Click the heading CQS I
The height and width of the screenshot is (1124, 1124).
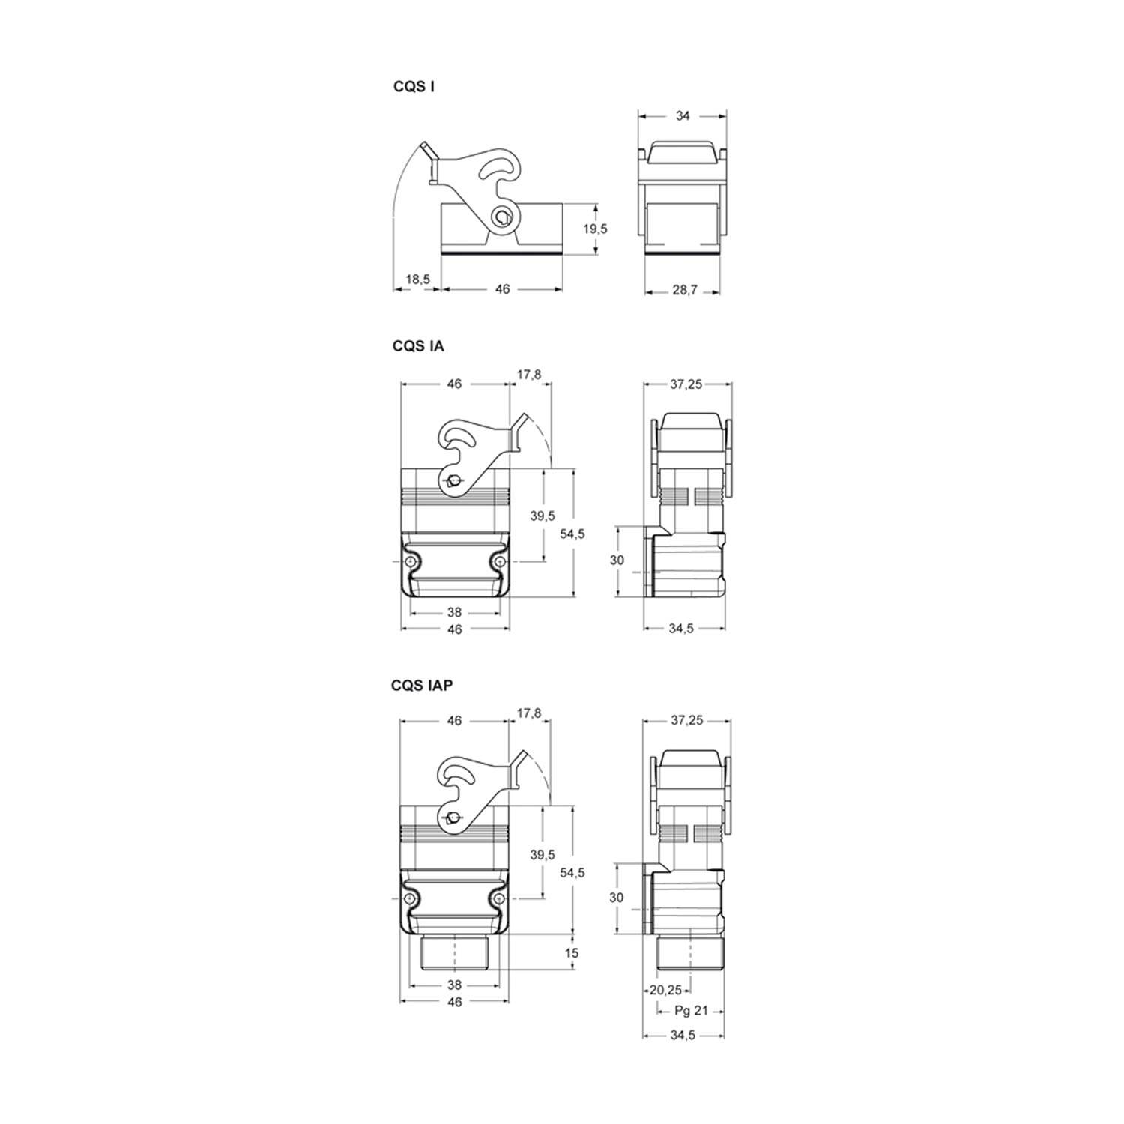click(414, 86)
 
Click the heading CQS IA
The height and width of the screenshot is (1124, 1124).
click(418, 346)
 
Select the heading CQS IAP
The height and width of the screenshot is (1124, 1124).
click(422, 685)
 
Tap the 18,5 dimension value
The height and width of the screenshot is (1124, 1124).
click(417, 280)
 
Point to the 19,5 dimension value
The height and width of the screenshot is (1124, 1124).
click(595, 229)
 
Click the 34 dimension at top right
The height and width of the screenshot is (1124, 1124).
click(683, 116)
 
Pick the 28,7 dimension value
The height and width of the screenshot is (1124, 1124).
click(684, 289)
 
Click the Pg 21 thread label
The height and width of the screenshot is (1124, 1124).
click(691, 1010)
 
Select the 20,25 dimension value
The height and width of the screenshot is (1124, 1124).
click(665, 990)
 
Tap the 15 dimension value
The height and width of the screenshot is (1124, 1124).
click(572, 954)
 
